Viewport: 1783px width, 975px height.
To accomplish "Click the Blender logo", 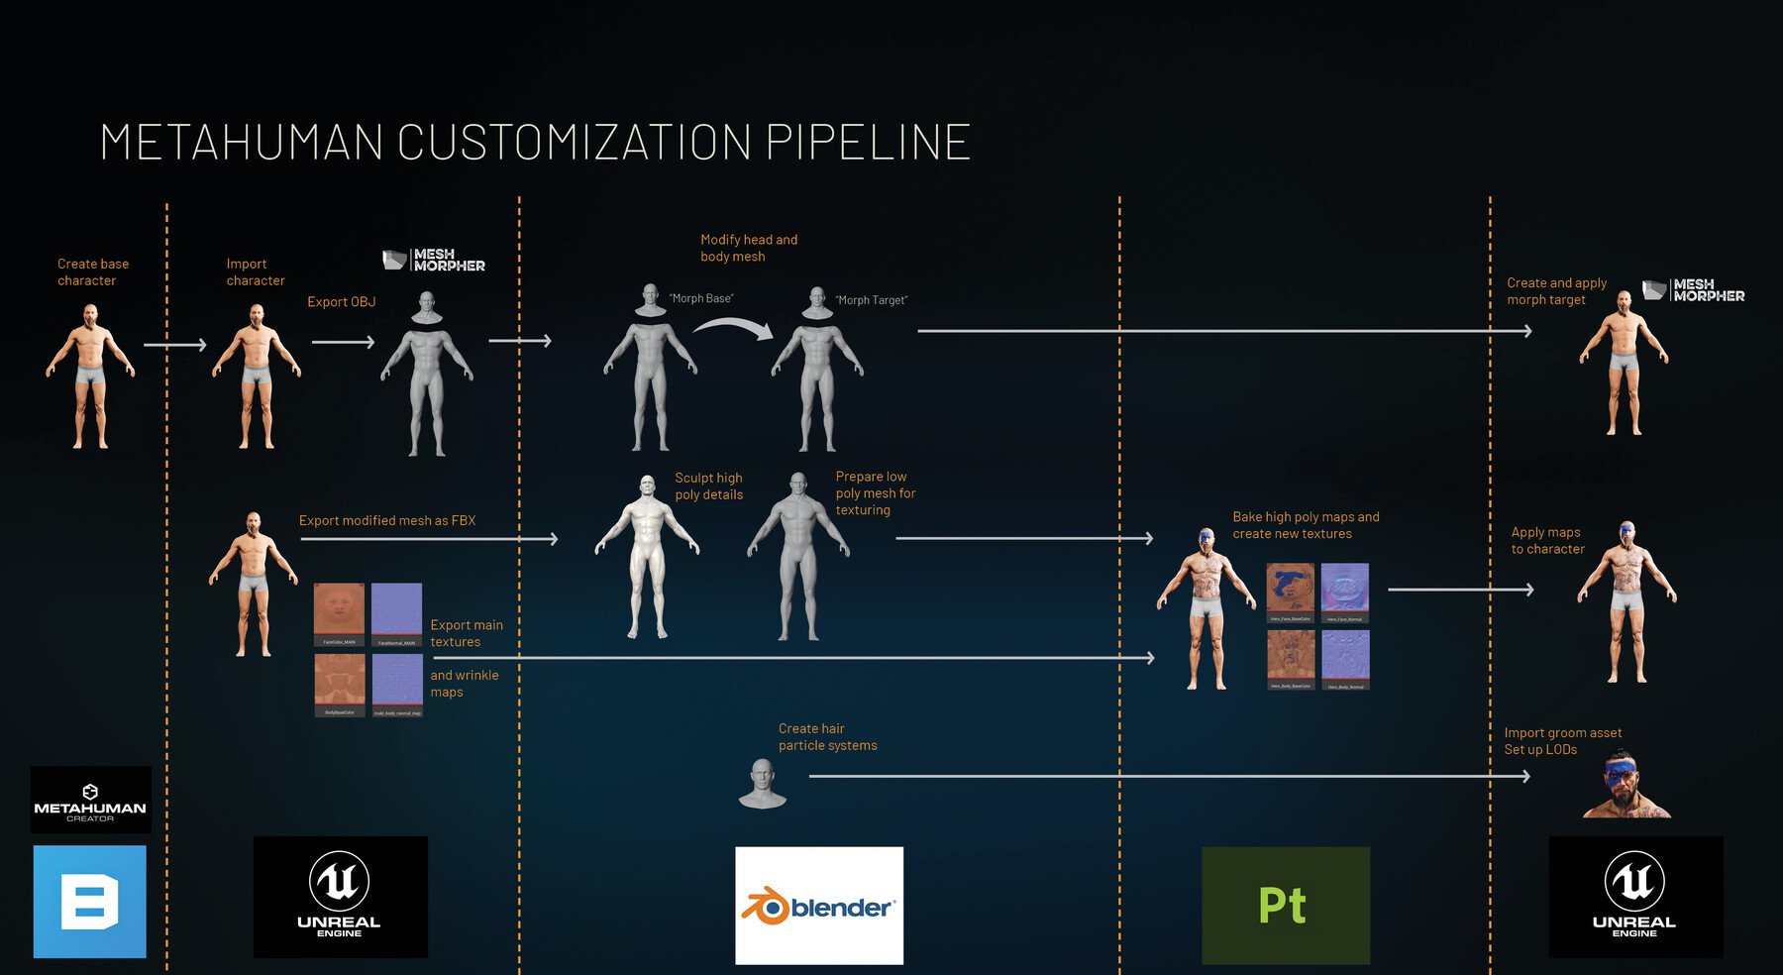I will (x=819, y=906).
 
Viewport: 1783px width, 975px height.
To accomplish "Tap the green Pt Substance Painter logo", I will (x=1285, y=905).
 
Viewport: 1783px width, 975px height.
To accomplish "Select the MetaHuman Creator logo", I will (x=90, y=800).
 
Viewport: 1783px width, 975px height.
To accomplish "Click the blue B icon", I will (x=90, y=901).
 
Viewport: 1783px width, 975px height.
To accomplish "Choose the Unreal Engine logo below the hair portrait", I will (x=1634, y=897).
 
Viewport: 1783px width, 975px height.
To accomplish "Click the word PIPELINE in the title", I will (x=868, y=143).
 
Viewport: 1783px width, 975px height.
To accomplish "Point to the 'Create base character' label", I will (x=92, y=271).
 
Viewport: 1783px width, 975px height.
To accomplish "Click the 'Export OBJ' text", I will (x=341, y=302).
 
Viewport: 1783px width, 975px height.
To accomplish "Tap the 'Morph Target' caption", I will (x=871, y=300).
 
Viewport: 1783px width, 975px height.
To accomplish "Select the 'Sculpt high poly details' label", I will (x=708, y=486).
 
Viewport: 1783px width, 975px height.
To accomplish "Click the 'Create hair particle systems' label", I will (x=826, y=736).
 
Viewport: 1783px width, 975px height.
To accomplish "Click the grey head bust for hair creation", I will (x=762, y=783).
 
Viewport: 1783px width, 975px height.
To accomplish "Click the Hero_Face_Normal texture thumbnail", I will (x=1344, y=592).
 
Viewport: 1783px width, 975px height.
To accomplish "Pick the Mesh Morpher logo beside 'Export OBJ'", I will (x=434, y=260).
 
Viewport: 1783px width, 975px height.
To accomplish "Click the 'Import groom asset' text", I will (x=1562, y=733).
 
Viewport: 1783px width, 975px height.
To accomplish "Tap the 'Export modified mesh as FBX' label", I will (x=387, y=520).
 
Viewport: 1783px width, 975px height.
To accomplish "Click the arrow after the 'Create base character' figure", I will (x=174, y=345).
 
